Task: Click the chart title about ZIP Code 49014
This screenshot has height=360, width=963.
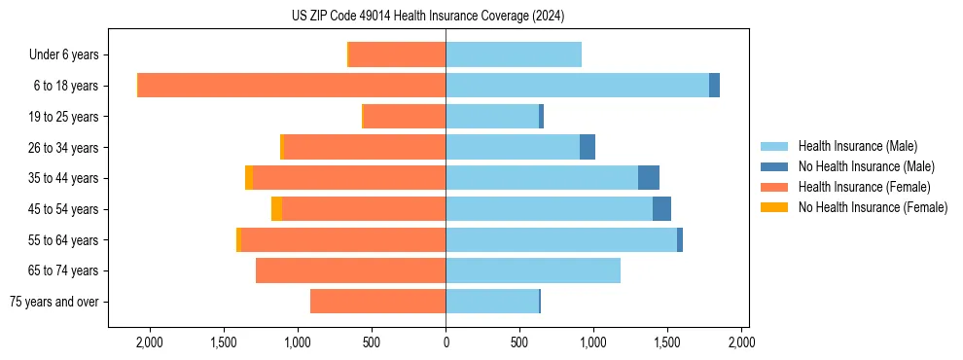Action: tap(427, 17)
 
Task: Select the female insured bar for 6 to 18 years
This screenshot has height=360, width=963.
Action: tap(292, 86)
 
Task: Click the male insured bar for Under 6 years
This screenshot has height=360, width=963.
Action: tap(514, 54)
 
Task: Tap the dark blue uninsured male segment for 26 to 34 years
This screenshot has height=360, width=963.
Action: tap(588, 147)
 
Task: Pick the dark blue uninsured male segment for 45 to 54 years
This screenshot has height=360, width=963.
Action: tap(661, 208)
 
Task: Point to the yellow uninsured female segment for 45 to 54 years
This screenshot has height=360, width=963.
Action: tap(277, 208)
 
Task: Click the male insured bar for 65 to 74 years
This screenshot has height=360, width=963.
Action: tap(533, 270)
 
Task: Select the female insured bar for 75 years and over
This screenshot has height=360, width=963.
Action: tap(378, 302)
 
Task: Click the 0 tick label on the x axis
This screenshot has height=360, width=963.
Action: tap(446, 342)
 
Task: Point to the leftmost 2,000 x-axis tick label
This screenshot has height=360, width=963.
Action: tap(149, 342)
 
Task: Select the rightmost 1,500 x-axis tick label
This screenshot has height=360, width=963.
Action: tap(667, 342)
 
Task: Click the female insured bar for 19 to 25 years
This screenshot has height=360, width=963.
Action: tap(405, 117)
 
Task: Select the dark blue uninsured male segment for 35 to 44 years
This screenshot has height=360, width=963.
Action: tap(649, 178)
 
